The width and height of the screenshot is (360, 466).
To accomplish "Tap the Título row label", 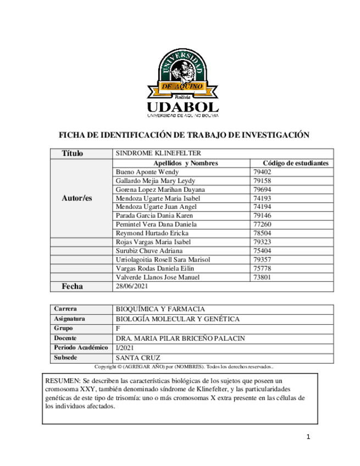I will [73, 153].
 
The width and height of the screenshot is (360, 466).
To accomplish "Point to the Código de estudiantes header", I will [296, 163].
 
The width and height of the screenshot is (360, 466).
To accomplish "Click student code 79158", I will [262, 181].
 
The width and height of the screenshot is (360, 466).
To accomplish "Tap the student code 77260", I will [262, 225].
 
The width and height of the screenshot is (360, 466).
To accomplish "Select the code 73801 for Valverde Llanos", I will [262, 278].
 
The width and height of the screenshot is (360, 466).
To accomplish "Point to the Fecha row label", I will [72, 286].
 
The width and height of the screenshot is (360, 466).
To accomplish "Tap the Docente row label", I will [65, 338].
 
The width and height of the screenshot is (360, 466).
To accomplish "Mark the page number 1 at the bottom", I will [309, 437].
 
